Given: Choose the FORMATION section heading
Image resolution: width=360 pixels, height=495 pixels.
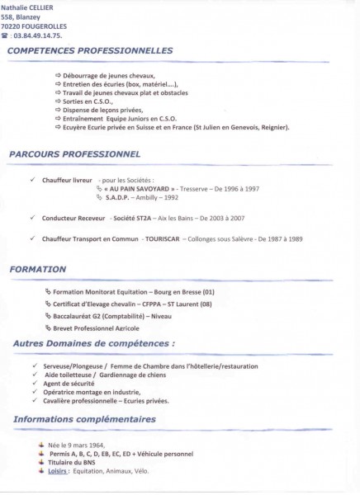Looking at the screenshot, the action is point(39,270).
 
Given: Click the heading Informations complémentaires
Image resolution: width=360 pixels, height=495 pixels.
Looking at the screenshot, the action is point(85,420).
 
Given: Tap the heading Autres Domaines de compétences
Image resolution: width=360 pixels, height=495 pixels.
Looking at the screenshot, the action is point(94,343).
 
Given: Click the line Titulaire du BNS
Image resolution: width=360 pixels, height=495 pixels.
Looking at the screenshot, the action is point(75,462).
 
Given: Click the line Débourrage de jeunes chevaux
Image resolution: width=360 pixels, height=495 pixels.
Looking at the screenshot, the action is point(103,75).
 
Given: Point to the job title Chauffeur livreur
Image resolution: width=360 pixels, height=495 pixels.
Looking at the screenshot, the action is point(68,177).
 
